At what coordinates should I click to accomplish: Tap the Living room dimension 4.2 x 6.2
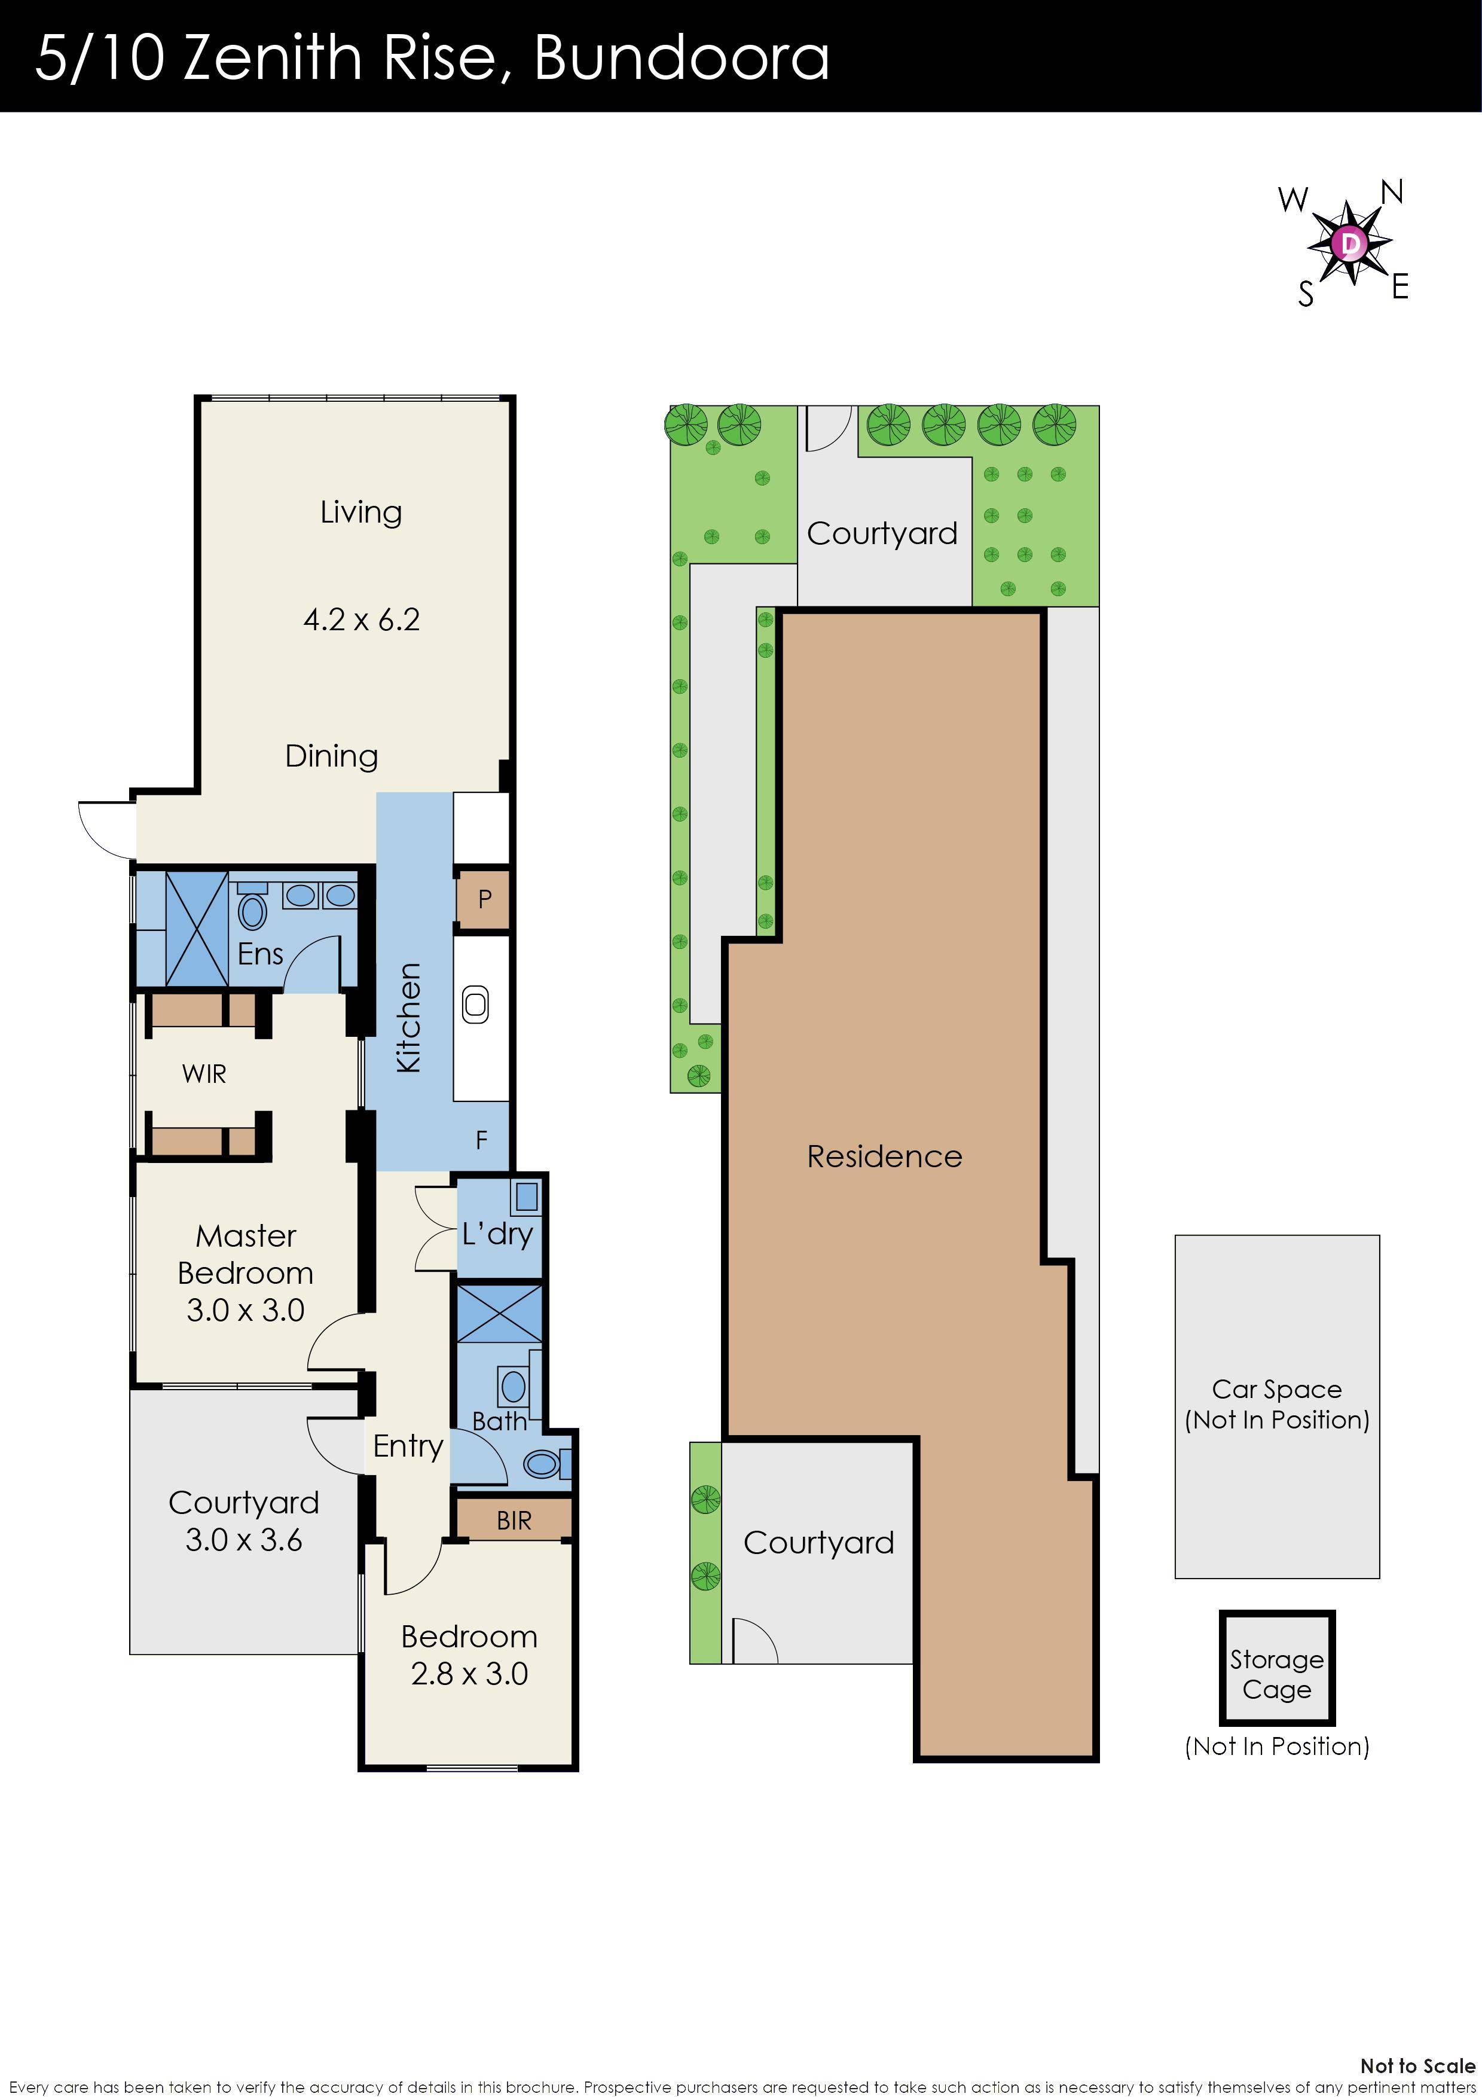[362, 620]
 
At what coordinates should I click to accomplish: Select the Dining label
[331, 756]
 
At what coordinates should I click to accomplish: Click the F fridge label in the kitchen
[481, 1140]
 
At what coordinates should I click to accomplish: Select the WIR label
[204, 1074]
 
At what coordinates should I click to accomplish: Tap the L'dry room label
[497, 1235]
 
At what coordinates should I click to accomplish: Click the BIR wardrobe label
[514, 1521]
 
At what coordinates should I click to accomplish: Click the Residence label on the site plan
[884, 1157]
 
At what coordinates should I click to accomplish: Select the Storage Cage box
[1276, 1674]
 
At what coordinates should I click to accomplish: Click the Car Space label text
[1276, 1389]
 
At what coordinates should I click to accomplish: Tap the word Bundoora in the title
[680, 57]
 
